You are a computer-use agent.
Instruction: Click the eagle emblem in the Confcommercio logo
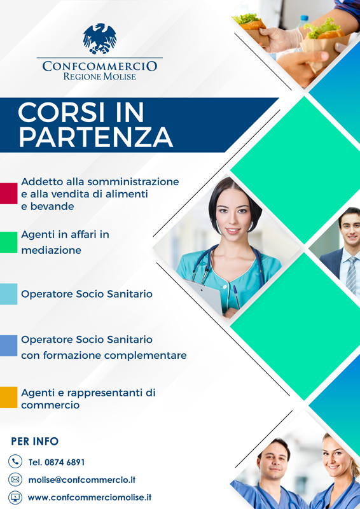click(x=100, y=38)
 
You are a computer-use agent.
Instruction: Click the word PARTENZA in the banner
click(x=95, y=137)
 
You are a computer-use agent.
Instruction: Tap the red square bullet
click(x=8, y=193)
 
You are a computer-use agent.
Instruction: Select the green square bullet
click(x=8, y=242)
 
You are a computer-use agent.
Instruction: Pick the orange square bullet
click(x=8, y=397)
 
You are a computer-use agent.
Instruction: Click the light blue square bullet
click(x=8, y=294)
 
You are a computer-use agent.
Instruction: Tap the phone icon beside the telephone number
click(x=15, y=461)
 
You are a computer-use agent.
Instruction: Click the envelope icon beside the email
click(x=15, y=480)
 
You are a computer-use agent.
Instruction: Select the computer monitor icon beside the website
click(x=15, y=498)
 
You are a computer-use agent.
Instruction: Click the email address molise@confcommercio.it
click(x=82, y=480)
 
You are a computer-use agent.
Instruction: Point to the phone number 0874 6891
click(x=65, y=463)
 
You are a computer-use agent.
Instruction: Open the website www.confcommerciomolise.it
click(x=90, y=498)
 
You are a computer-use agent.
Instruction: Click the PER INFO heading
click(x=35, y=442)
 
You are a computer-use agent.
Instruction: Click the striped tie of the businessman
click(x=351, y=275)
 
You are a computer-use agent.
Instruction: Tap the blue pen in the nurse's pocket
click(x=237, y=296)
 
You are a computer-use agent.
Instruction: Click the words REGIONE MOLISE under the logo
click(x=100, y=76)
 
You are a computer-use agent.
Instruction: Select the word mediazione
click(x=52, y=250)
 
